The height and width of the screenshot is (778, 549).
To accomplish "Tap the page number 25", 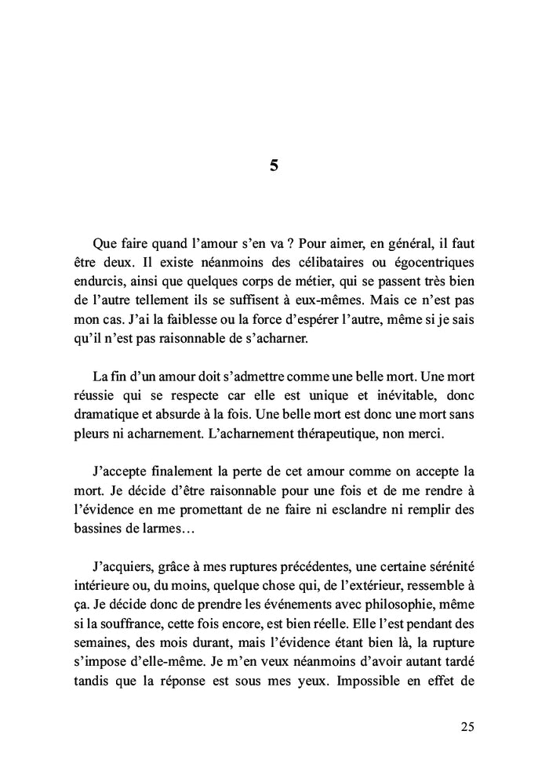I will point(467,726).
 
